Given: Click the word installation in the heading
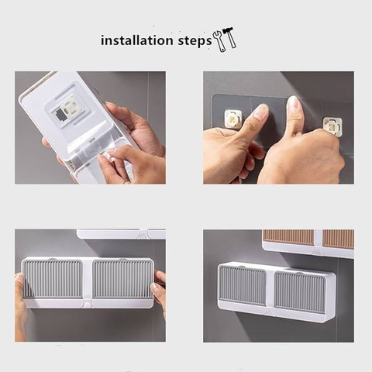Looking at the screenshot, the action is click(x=137, y=40).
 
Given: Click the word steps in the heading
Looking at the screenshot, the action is click(x=195, y=41).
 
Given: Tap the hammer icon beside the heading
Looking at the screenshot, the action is click(x=229, y=37).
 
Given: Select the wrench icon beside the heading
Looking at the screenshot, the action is click(x=219, y=41).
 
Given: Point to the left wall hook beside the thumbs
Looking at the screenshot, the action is click(x=232, y=119).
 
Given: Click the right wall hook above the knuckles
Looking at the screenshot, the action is click(x=332, y=126).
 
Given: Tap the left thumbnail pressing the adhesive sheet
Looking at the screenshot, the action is click(x=261, y=111).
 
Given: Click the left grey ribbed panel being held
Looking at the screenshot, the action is click(x=53, y=279).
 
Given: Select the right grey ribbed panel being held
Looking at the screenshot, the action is click(x=122, y=279).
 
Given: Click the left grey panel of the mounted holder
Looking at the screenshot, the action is click(x=242, y=285).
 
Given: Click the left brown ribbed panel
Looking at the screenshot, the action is click(x=288, y=237).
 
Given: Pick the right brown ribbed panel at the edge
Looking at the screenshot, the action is click(x=338, y=239).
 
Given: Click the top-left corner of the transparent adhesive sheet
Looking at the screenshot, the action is click(x=213, y=95).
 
